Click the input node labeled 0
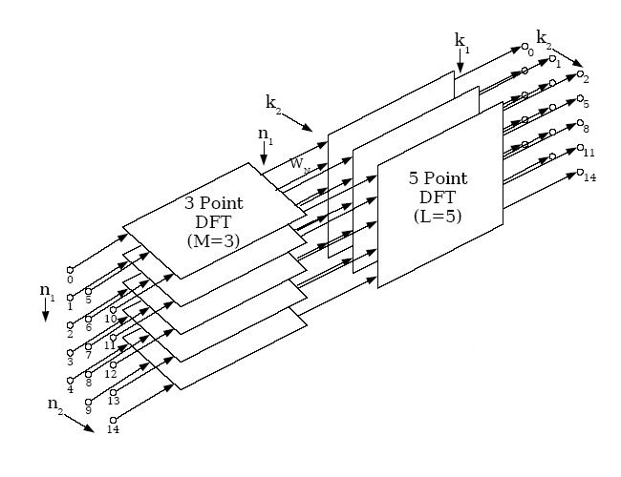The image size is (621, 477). [69, 270]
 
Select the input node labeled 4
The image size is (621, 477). [69, 378]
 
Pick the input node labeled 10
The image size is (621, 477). [113, 308]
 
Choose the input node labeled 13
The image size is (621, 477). [113, 391]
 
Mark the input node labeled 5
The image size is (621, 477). [89, 289]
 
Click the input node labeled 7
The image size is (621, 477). [89, 343]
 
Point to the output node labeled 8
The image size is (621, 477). [579, 123]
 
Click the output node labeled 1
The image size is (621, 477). [552, 58]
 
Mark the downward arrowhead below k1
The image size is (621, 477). [460, 69]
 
